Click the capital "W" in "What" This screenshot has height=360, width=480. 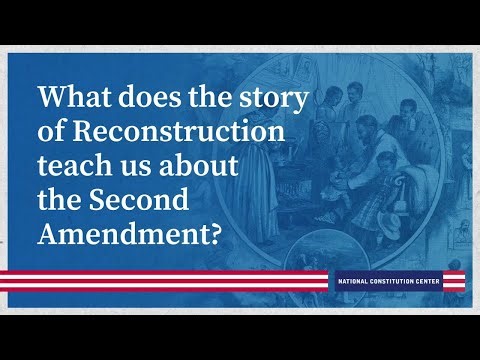pyautogui.click(x=52, y=100)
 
